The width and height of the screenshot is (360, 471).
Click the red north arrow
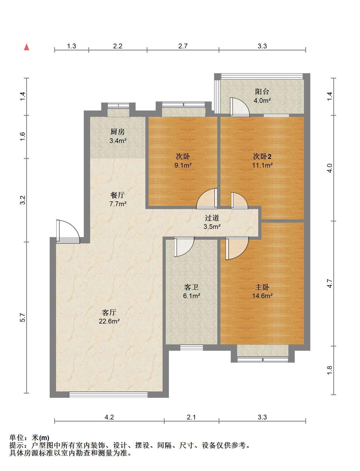click(x=26, y=47)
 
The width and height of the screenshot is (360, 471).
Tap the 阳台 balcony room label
click(x=262, y=92)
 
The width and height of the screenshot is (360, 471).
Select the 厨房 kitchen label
click(x=118, y=132)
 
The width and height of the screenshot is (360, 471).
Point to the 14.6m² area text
click(x=262, y=296)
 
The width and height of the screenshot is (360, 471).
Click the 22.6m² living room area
click(x=109, y=321)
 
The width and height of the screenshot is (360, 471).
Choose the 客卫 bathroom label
click(x=191, y=287)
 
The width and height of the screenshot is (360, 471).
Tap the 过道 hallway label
click(x=212, y=218)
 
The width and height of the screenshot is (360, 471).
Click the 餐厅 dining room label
click(x=118, y=195)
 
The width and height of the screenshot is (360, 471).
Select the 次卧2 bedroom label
click(x=262, y=156)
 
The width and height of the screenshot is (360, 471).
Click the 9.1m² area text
click(x=183, y=165)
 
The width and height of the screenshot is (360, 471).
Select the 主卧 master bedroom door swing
click(x=237, y=248)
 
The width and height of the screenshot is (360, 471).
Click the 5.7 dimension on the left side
click(x=23, y=317)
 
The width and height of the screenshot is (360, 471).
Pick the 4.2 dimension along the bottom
click(x=109, y=417)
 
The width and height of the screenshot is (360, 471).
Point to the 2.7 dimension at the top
click(x=183, y=46)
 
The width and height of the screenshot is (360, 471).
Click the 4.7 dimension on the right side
click(x=329, y=284)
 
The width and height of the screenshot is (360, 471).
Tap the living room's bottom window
click(x=108, y=394)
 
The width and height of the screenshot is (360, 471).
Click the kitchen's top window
click(x=119, y=105)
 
